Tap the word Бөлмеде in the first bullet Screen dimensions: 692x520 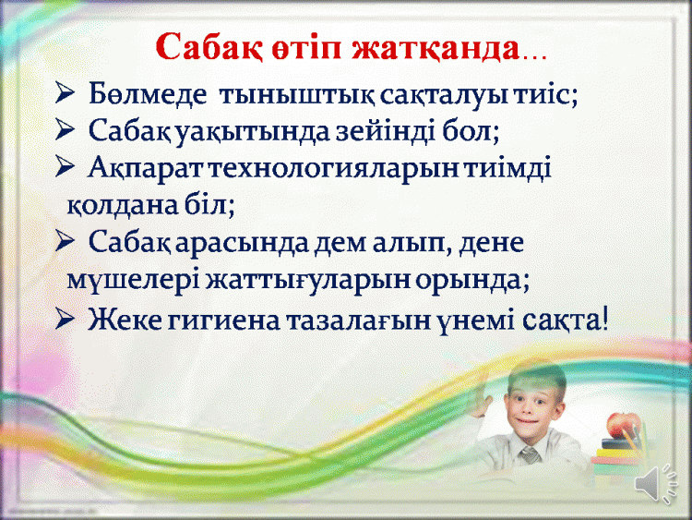pos(148,94)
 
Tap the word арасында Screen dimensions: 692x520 pos(244,243)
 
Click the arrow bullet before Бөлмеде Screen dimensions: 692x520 pos(65,94)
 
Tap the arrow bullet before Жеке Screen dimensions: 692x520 pos(65,319)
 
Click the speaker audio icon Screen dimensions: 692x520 pos(656,483)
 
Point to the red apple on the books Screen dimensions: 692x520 pos(623,425)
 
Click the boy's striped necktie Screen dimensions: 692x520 pos(529,454)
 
